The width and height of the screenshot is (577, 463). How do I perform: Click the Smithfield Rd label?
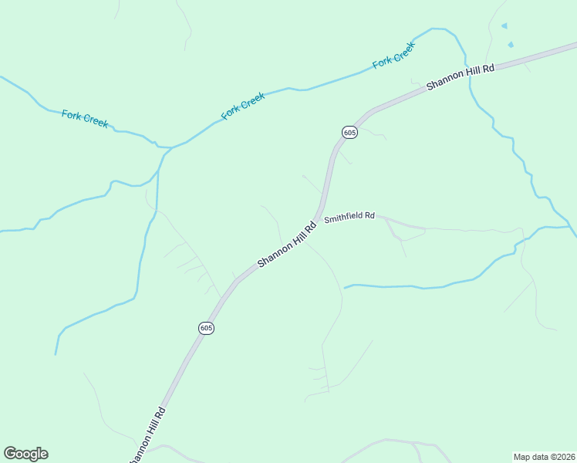click(x=349, y=218)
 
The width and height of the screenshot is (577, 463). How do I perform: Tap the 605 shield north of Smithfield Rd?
click(x=349, y=133)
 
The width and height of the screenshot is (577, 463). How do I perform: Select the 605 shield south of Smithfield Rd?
click(x=206, y=328)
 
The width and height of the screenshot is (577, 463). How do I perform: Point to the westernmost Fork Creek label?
click(x=85, y=119)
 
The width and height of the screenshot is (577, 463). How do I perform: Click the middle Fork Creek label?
click(x=243, y=106)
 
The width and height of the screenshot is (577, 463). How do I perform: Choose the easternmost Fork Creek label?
click(x=394, y=55)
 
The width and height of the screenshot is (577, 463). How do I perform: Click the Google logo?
click(x=25, y=454)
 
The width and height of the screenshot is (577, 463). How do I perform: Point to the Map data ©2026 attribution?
click(x=545, y=457)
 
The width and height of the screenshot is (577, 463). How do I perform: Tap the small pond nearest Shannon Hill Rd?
click(x=509, y=45)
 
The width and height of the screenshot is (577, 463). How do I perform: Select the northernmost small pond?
click(x=504, y=26)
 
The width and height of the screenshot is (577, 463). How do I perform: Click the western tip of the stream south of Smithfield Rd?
click(x=345, y=288)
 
